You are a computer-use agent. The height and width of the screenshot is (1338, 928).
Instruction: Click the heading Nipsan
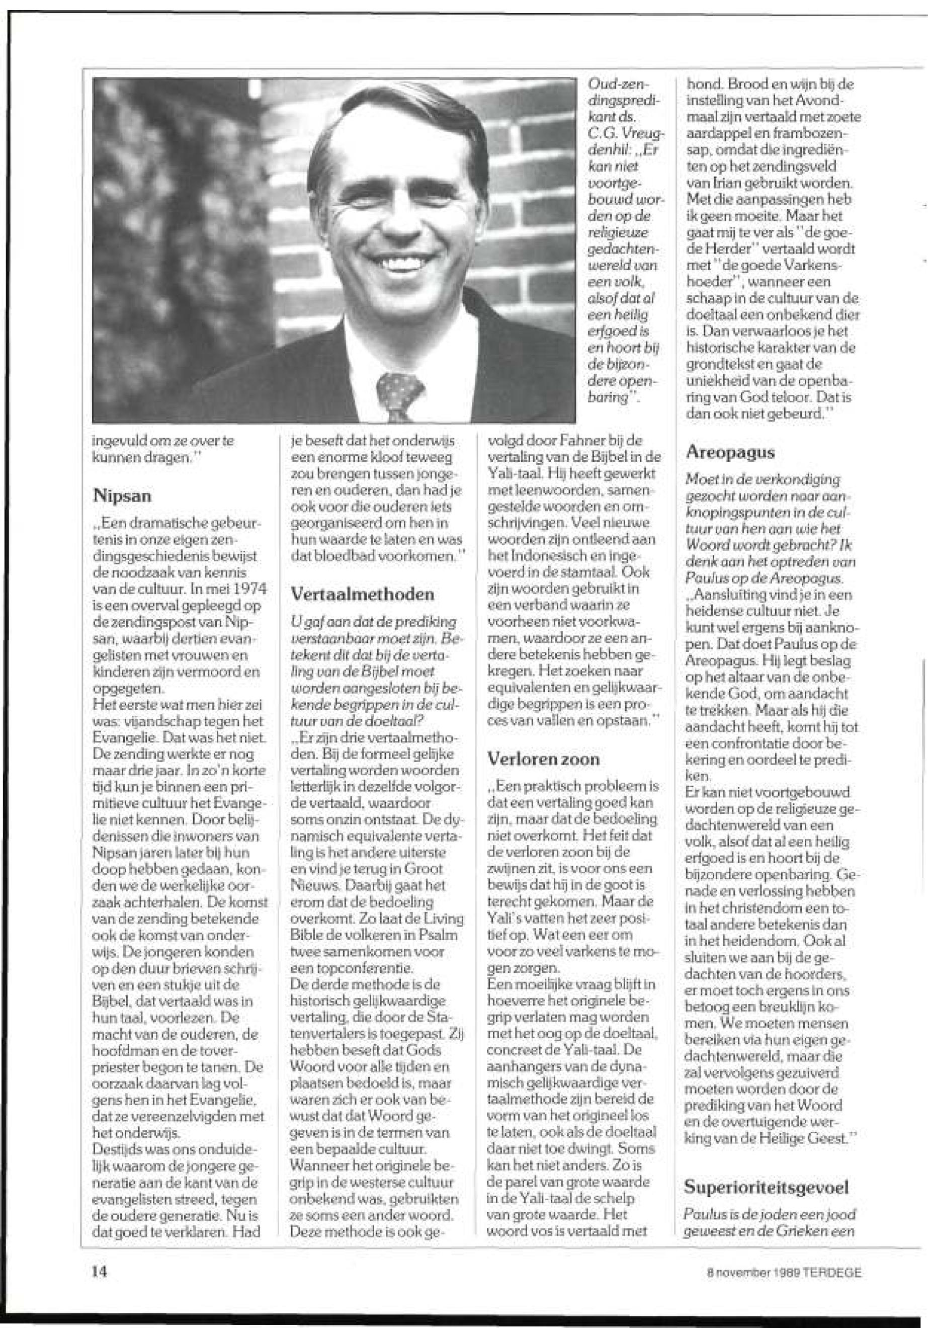coord(122,496)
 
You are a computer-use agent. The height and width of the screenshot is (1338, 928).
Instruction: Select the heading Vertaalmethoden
coord(362,594)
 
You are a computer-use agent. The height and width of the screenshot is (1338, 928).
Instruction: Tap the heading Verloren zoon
coord(543,759)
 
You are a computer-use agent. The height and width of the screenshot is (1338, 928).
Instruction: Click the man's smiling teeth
coord(400,263)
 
